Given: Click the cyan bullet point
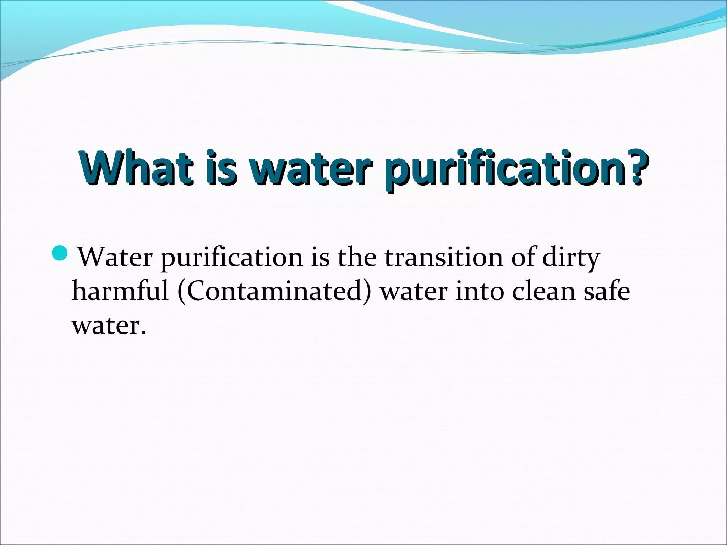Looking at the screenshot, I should tap(59, 253).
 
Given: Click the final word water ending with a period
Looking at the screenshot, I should tap(109, 326).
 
